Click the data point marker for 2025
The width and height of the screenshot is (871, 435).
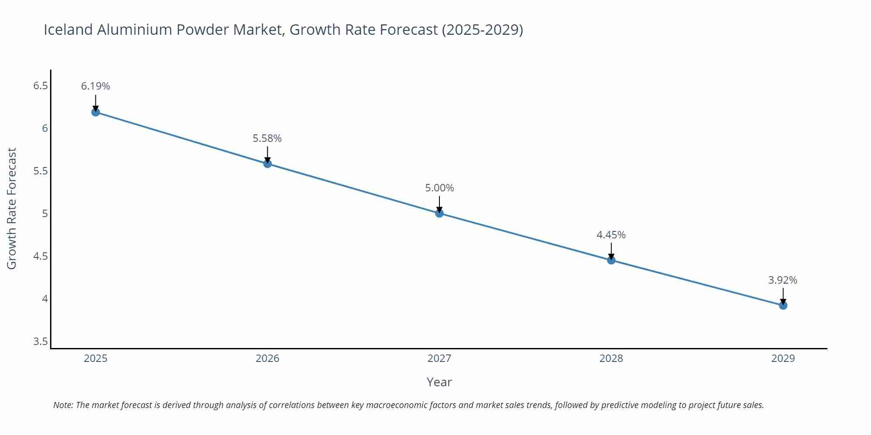point(95,112)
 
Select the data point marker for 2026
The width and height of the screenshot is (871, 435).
point(267,164)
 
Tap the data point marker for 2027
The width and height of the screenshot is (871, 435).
point(439,213)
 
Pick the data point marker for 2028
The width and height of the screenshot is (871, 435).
point(611,260)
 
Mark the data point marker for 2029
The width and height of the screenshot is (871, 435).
point(783,305)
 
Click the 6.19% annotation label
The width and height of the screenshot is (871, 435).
point(95,86)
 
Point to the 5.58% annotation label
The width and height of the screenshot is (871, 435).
point(267,138)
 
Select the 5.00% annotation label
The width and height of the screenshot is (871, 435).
point(439,188)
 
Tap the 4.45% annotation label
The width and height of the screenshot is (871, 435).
point(611,235)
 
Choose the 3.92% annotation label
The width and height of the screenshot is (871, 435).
point(783,280)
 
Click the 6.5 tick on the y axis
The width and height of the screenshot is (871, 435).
point(41,86)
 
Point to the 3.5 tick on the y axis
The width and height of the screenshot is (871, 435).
point(41,341)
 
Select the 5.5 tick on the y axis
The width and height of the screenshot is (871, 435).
point(41,171)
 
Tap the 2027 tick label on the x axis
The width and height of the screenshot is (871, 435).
point(439,358)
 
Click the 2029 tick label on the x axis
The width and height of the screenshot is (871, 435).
point(783,358)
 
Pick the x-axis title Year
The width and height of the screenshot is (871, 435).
point(439,382)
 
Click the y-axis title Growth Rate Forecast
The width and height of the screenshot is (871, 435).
point(12,208)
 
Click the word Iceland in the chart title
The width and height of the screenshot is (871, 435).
point(68,30)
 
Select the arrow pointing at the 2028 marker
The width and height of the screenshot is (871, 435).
point(611,251)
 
